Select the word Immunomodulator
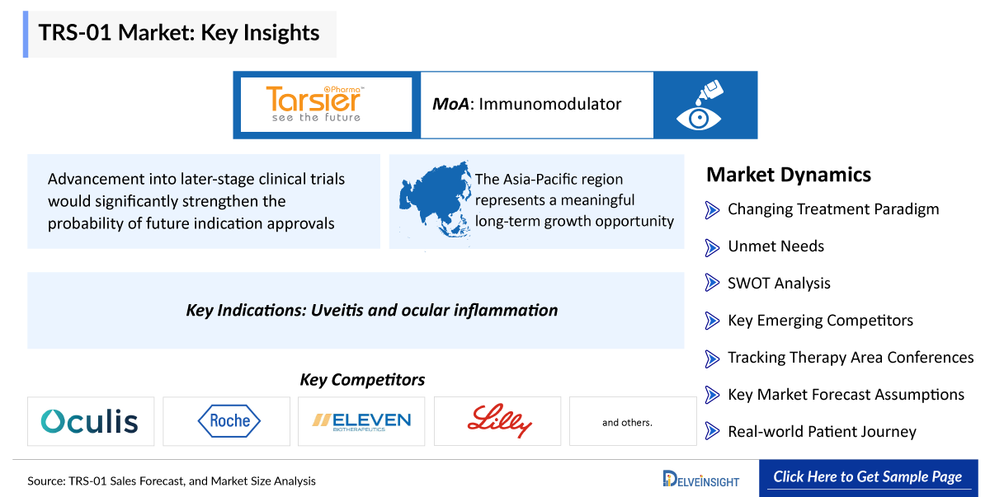pos(549,104)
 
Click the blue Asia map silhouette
pos(436,199)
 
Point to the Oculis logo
pos(90,420)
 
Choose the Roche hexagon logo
pos(229,420)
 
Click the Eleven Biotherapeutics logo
pos(361,421)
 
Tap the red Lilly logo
pos(499,420)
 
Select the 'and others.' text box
pos(633,421)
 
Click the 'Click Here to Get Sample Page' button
pos(868,477)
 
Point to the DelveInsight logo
pos(701,479)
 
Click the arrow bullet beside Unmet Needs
pos(712,247)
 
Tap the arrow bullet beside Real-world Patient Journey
pos(712,431)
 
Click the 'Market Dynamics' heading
pos(789,175)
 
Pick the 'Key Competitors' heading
pos(362,380)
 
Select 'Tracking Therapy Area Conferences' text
pos(851,358)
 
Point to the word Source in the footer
pos(46,481)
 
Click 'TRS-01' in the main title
pos(75,33)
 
